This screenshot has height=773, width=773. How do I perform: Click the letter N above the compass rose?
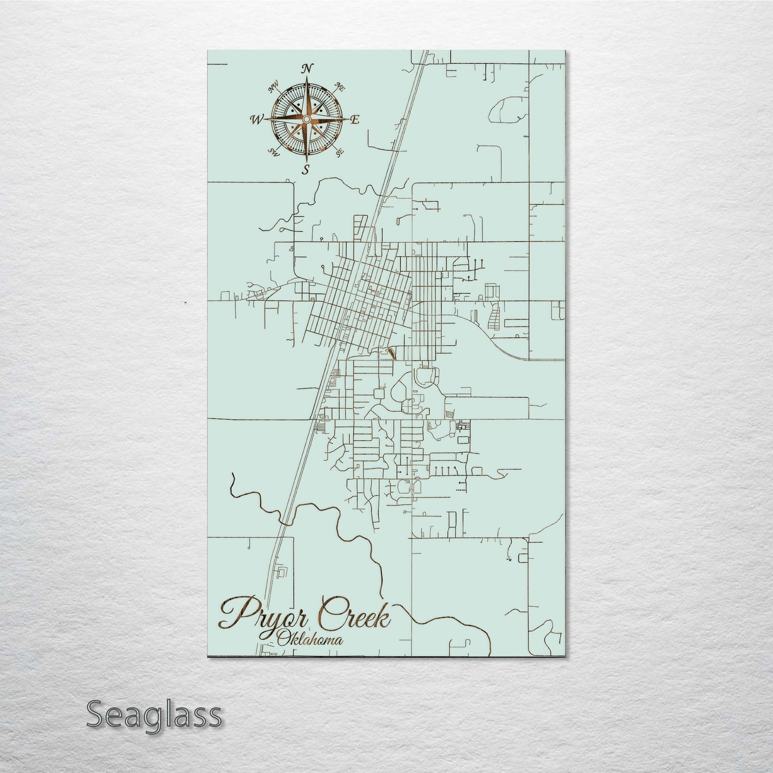307,68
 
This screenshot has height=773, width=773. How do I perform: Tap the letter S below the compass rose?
306,170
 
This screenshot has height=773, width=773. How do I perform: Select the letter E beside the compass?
354,120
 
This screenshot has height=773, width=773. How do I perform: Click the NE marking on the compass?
339,86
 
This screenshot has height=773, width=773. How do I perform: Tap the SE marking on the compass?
338,152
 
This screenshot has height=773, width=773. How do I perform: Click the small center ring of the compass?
307,119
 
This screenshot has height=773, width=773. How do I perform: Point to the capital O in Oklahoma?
284,638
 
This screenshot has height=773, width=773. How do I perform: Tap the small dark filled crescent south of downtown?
389,354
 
